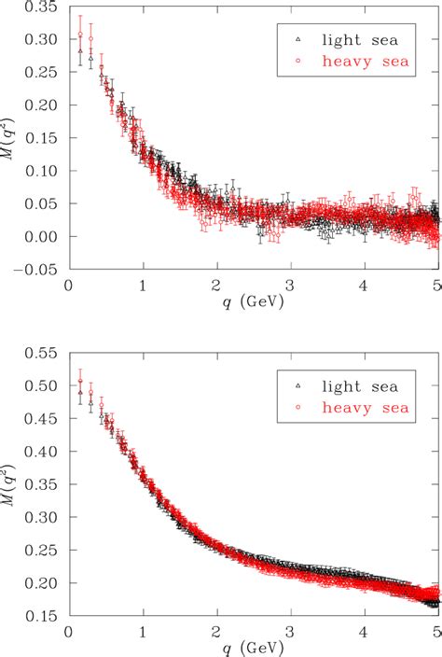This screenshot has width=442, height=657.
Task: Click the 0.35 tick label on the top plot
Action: tap(42, 11)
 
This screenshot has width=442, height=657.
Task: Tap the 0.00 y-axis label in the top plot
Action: tap(42, 236)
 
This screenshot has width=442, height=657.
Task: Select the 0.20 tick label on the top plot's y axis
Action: tap(42, 107)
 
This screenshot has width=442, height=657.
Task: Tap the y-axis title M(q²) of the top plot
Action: tap(10, 139)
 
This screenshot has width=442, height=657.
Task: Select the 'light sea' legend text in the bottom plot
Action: tap(361, 384)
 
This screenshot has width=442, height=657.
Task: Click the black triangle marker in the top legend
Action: tap(297, 39)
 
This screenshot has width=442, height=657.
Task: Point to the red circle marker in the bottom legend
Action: tap(297, 408)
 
